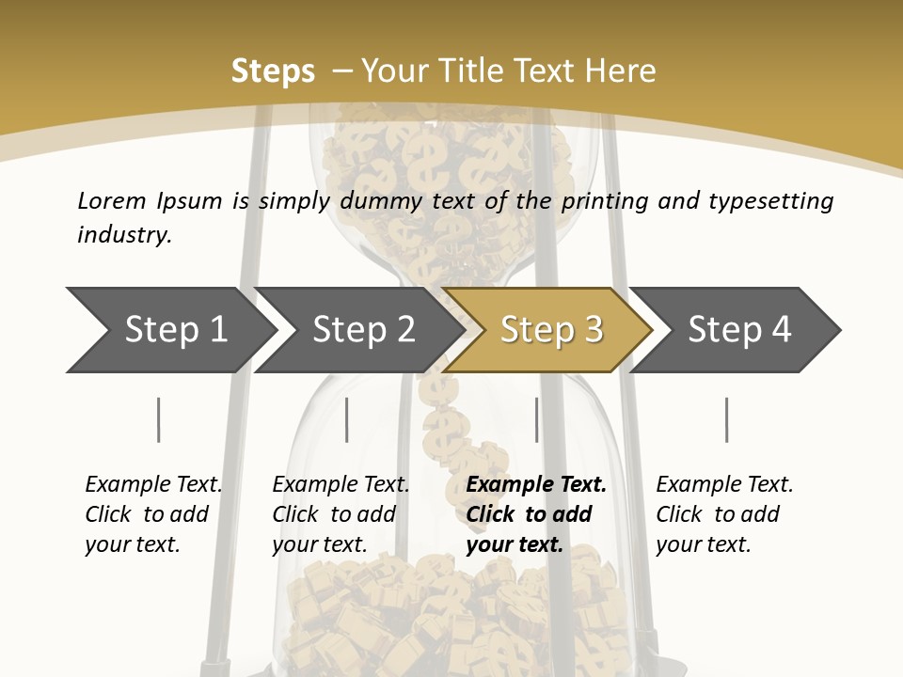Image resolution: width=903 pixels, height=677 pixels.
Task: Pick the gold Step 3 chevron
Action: (550, 330)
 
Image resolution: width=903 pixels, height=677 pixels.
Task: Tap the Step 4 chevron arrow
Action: (739, 330)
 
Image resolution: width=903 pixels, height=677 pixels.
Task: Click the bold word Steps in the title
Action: (273, 71)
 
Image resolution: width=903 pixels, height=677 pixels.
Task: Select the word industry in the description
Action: (124, 235)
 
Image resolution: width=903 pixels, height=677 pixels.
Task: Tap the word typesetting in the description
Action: (770, 201)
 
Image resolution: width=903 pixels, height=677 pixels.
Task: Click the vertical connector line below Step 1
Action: (159, 419)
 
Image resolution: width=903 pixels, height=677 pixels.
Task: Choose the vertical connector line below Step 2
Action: (347, 419)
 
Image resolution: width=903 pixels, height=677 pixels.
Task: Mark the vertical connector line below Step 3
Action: (536, 419)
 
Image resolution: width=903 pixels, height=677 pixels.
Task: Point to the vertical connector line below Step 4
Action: (726, 419)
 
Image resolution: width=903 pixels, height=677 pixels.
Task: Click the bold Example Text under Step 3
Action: (536, 484)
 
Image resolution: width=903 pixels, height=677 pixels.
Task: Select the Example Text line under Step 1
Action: (153, 484)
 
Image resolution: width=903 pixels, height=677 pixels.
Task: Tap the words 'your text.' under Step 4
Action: (703, 544)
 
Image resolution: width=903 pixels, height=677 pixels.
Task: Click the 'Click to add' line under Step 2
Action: (334, 514)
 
